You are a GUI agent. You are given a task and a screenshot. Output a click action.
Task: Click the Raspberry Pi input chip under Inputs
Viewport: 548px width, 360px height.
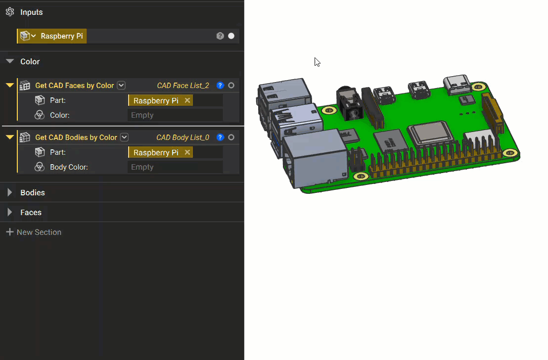click(x=61, y=36)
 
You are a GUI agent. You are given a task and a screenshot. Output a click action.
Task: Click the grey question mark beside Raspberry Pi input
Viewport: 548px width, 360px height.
click(x=220, y=36)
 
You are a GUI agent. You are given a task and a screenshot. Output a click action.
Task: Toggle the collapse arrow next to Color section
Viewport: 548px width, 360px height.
click(x=9, y=61)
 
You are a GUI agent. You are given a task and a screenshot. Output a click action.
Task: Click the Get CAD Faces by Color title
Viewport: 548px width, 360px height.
click(x=74, y=86)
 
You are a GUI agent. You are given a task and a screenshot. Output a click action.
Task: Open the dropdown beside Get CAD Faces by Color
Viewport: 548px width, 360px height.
click(x=121, y=86)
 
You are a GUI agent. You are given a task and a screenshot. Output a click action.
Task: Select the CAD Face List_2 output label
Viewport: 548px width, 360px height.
click(x=183, y=86)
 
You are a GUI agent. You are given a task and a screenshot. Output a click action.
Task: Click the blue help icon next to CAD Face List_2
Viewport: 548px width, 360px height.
click(x=221, y=86)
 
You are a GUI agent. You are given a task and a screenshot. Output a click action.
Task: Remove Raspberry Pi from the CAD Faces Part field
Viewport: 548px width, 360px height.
click(x=187, y=100)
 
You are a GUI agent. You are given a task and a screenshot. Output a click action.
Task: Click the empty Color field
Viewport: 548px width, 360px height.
click(x=175, y=115)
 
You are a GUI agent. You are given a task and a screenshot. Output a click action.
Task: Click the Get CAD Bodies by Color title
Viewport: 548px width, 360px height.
click(x=76, y=137)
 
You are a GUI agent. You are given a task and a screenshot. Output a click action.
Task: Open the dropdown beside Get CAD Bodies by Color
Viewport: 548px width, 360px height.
click(x=125, y=137)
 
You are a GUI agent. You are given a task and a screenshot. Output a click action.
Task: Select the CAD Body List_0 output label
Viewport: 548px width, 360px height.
click(x=183, y=137)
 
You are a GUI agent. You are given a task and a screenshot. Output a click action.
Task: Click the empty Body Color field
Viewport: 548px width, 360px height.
click(x=175, y=167)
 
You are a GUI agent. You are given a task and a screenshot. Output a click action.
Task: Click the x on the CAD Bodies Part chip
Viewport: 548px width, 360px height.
click(x=187, y=152)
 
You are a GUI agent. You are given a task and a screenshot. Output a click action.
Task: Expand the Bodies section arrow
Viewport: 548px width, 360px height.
click(x=9, y=192)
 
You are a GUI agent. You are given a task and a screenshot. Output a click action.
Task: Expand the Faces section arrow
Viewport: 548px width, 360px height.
click(x=9, y=212)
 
